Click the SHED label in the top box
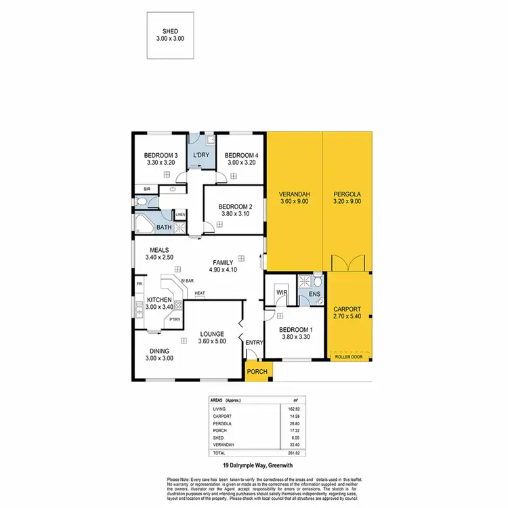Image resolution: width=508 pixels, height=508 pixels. tap(169, 30)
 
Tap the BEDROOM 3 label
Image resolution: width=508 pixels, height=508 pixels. tap(161, 154)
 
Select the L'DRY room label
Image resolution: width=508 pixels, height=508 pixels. tap(201, 155)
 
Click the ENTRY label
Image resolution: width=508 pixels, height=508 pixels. tap(254, 343)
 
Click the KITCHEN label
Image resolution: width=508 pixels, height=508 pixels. tap(160, 299)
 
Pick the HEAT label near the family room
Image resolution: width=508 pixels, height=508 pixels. tap(200, 293)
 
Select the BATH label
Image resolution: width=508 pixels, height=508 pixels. tap(164, 228)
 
